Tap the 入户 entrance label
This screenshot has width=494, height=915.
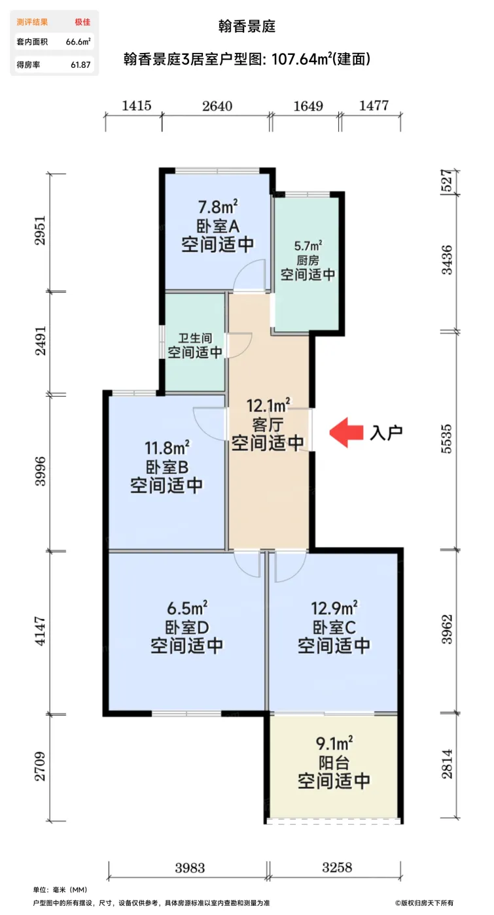386,433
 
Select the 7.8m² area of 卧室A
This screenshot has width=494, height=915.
217,208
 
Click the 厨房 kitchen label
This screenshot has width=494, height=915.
308,260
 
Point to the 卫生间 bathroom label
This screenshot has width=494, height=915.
195,339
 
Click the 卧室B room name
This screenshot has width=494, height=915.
166,467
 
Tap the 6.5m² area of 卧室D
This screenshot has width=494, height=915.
187,607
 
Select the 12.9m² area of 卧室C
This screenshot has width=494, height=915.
334,607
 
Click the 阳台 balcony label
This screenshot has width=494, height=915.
334,761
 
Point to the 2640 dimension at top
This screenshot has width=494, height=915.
217,106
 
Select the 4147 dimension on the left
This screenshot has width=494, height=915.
40,631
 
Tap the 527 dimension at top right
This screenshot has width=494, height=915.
446,183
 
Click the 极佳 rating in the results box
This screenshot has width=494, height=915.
82,22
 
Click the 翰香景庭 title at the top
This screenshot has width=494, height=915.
247,27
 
